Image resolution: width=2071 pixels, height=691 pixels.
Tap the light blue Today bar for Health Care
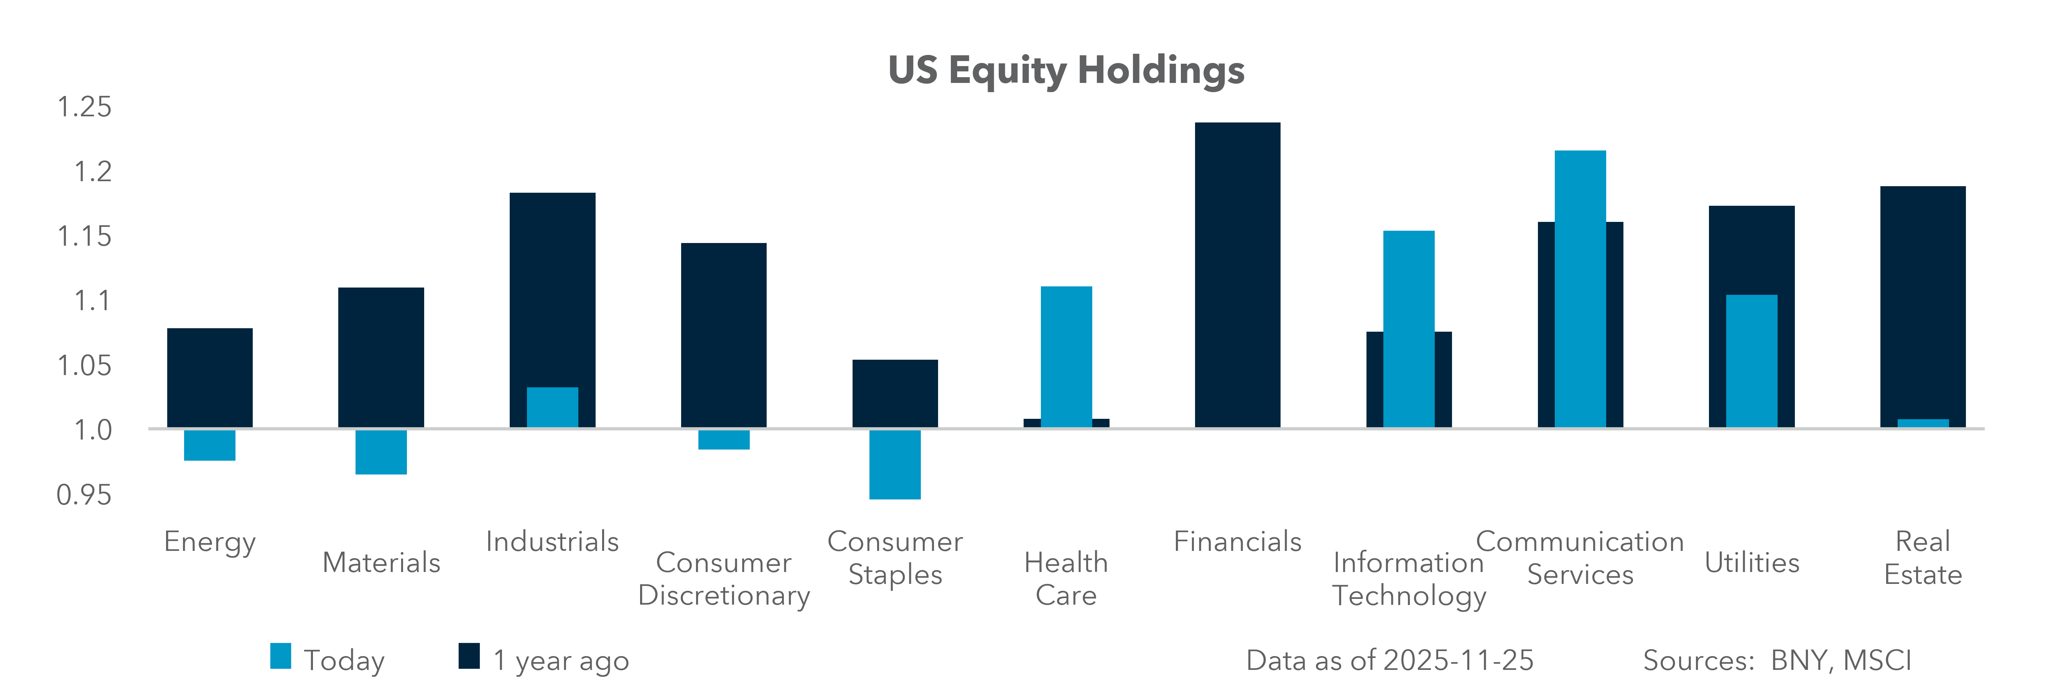[x=1066, y=356]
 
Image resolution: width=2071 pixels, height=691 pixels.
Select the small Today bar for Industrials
[x=552, y=407]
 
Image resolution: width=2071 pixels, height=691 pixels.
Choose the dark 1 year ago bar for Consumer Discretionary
[x=724, y=334]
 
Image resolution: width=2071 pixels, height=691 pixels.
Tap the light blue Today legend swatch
[x=281, y=656]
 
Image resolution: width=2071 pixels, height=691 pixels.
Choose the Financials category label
[x=1237, y=541]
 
